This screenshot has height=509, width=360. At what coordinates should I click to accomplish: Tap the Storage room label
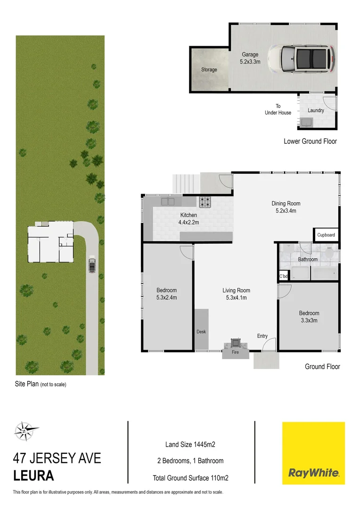click(209, 70)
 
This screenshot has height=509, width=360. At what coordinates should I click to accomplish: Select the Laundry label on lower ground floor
click(316, 110)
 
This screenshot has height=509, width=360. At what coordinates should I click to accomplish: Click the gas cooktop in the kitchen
click(205, 202)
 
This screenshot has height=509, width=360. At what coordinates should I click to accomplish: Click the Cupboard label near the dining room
click(326, 235)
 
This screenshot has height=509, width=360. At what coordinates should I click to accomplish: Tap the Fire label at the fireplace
click(236, 352)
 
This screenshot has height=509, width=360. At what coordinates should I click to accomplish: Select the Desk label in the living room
click(201, 332)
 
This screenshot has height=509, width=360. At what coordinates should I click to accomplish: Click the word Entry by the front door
click(262, 336)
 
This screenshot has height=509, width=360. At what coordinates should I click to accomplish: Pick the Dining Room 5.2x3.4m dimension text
click(286, 211)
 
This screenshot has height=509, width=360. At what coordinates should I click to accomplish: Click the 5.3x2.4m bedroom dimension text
click(167, 297)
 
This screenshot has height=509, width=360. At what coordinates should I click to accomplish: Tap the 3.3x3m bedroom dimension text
click(309, 320)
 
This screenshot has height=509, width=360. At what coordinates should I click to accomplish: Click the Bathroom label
click(308, 259)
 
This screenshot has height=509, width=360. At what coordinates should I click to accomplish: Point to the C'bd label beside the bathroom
click(283, 277)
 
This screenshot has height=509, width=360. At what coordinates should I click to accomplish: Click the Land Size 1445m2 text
click(190, 443)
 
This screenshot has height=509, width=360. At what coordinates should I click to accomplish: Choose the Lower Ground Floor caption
click(310, 141)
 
